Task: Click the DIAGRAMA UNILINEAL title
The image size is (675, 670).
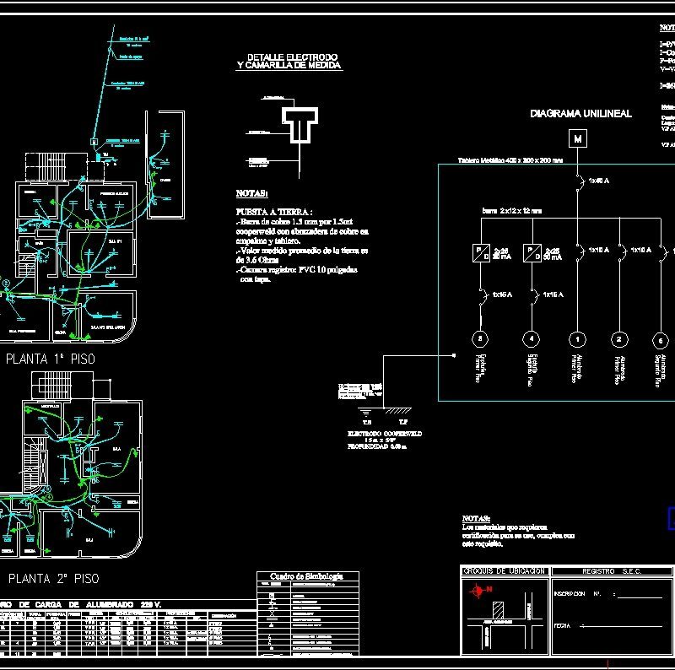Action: (580, 113)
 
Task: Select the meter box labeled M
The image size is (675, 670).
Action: (577, 138)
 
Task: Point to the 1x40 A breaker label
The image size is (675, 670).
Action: (599, 181)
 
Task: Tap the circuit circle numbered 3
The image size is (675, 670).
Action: (480, 339)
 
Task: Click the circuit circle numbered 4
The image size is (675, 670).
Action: (531, 339)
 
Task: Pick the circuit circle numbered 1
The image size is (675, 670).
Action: (577, 339)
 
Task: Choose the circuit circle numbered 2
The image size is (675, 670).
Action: (619, 339)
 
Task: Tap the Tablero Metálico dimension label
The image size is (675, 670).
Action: (510, 159)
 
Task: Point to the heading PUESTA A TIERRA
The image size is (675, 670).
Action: (275, 211)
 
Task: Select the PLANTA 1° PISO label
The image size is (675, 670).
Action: (51, 359)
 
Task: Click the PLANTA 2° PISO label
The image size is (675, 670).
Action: (53, 579)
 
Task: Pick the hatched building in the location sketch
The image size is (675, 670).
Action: (498, 610)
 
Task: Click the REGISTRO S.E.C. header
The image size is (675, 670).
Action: (612, 571)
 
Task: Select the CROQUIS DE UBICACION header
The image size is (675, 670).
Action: (505, 571)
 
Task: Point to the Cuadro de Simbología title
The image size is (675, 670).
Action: (308, 575)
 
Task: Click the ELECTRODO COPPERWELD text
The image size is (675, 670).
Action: (385, 433)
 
